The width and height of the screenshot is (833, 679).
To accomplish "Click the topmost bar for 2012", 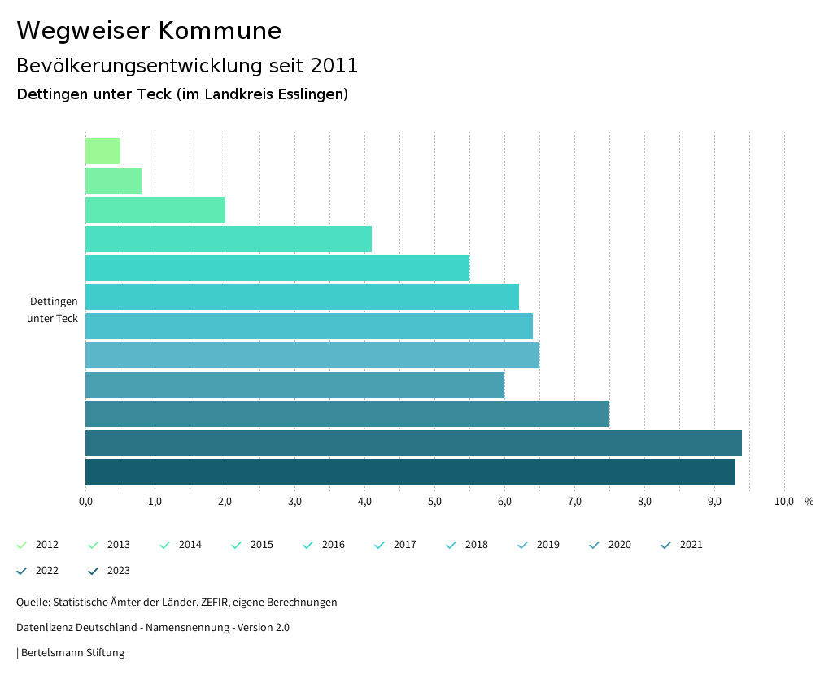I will [x=102, y=151].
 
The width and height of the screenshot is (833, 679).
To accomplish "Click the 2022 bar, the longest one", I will [x=413, y=443].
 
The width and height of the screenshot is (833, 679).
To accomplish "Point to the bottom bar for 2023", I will [x=410, y=472].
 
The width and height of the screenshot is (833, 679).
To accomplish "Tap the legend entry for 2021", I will [x=683, y=545].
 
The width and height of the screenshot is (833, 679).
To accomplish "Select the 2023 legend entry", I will [x=110, y=571].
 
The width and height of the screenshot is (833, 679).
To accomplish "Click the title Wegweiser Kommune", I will [x=149, y=31].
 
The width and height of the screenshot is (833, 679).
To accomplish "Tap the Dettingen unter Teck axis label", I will [x=53, y=310].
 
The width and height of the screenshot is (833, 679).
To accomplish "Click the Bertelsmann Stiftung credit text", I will [x=72, y=652].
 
